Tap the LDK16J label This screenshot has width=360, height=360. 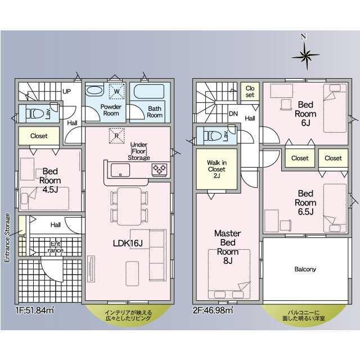(128, 244)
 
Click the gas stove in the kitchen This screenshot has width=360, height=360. (160, 170)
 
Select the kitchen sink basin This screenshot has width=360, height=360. (120, 170)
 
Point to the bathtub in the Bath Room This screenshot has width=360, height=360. (149, 92)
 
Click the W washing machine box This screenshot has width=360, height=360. (116, 91)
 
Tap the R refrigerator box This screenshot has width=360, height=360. (116, 136)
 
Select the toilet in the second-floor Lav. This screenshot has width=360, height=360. (213, 136)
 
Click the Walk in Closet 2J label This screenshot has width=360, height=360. (217, 169)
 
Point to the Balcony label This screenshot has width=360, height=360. (305, 269)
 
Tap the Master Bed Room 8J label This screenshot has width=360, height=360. (227, 247)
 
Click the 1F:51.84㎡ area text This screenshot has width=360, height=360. (35, 310)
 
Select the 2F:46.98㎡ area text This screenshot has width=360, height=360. (213, 310)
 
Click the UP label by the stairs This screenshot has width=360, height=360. (67, 92)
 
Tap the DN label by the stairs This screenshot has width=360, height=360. (233, 114)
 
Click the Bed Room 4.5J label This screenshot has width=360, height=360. (50, 181)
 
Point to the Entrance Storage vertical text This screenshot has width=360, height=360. (7, 237)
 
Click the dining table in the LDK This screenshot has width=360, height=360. (129, 206)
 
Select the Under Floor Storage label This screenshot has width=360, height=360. (139, 151)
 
